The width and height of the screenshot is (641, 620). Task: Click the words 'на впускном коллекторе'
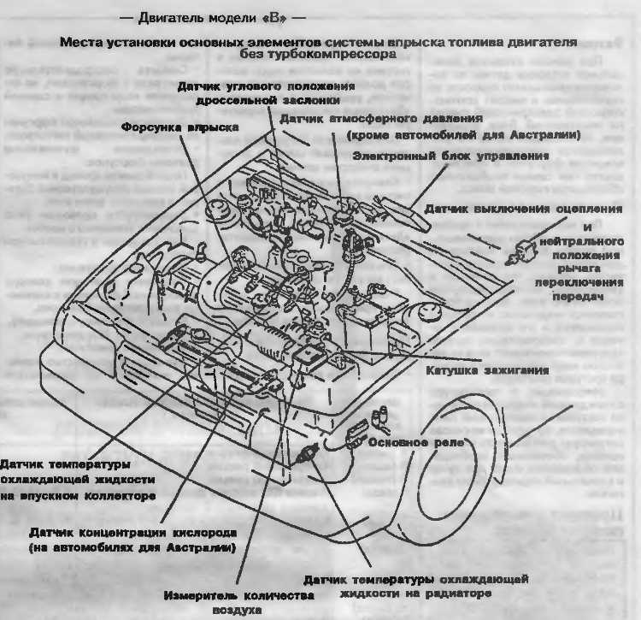pos(77,495)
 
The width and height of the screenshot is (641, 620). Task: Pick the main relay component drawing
pos(356,434)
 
